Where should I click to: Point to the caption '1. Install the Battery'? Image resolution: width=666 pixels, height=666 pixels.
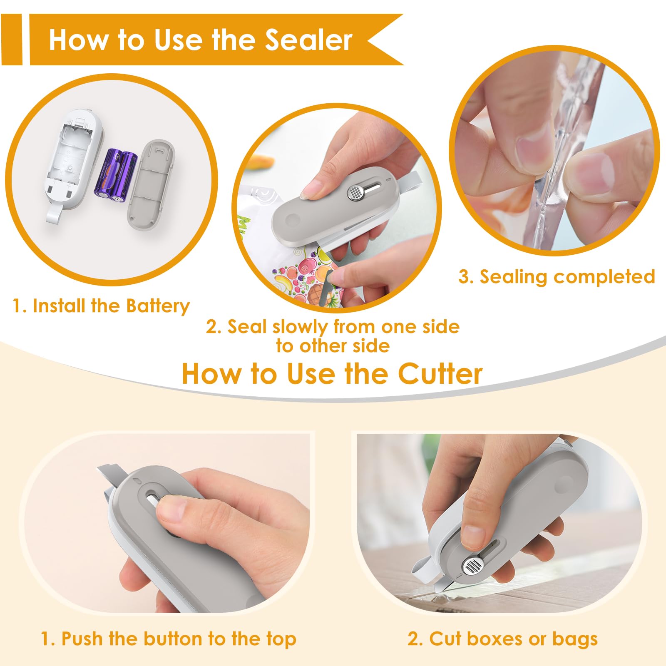pyautogui.click(x=101, y=306)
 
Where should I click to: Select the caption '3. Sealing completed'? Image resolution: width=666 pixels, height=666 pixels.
pyautogui.click(x=557, y=277)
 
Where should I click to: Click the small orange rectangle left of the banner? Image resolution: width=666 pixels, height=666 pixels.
pyautogui.click(x=11, y=40)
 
